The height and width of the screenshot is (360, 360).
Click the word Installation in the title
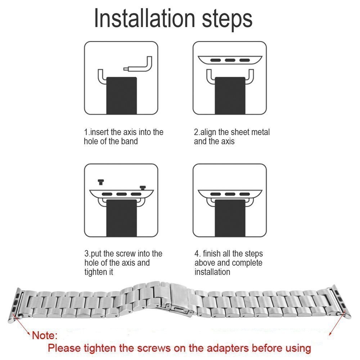coord(145,19)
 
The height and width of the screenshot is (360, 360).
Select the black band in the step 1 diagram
coord(122,95)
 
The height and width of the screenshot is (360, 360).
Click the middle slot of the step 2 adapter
coord(230,60)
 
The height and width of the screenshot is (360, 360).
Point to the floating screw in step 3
coord(101,182)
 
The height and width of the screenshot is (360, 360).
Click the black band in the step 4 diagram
coord(230,218)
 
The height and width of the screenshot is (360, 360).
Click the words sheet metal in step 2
coord(250,132)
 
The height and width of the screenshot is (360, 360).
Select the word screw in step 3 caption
coord(126,254)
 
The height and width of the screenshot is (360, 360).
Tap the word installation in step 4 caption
coord(212,272)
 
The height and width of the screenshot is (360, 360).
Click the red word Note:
coord(45,336)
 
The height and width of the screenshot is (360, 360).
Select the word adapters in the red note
coord(228,348)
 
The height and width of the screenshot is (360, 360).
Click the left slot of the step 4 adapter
coord(216,194)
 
